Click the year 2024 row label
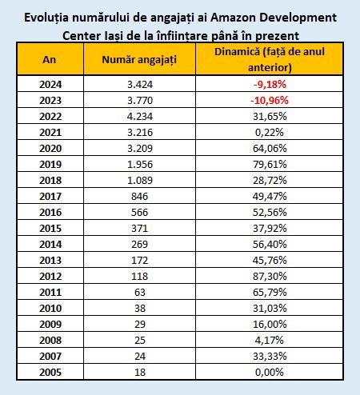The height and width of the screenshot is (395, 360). [50, 84]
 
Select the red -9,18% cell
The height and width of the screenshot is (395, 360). [270, 84]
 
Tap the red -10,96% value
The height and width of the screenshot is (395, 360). [270, 100]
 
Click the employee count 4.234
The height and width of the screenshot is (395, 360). [140, 116]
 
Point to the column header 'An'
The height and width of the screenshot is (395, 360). [50, 59]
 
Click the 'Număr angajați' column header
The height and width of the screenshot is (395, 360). [139, 60]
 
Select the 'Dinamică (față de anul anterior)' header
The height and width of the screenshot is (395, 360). [270, 59]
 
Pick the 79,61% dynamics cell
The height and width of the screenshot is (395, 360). [270, 164]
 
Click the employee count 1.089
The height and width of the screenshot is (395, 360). [140, 180]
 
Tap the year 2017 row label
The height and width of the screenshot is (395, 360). [50, 196]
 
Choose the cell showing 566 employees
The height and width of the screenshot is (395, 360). [139, 212]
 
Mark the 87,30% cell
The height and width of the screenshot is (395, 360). [270, 276]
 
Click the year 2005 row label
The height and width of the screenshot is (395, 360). [50, 372]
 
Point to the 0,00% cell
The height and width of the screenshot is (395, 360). [270, 372]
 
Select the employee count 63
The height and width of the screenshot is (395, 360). [140, 292]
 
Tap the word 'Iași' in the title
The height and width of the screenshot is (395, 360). [111, 36]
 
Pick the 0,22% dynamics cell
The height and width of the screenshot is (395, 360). [270, 132]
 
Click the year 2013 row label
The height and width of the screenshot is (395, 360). [50, 260]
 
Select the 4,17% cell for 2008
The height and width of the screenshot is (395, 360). [270, 340]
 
